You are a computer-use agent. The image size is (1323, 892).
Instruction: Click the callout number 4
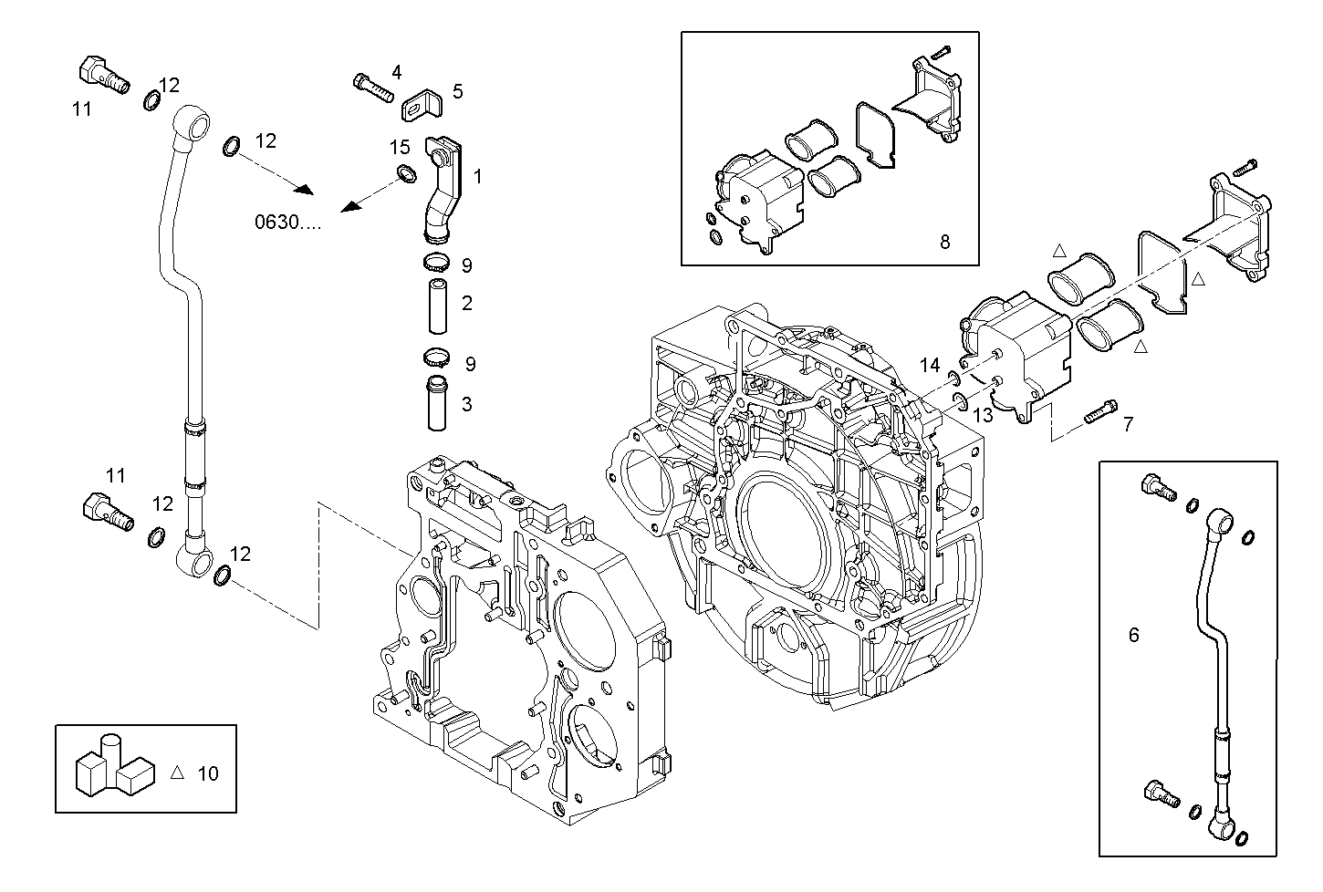[x=396, y=72]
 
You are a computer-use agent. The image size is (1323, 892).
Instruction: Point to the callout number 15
[x=400, y=147]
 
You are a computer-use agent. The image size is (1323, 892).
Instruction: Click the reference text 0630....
[x=287, y=222]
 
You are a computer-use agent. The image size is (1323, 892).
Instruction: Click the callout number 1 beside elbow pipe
[x=477, y=173]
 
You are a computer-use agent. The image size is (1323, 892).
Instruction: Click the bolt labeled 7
[x=1099, y=415]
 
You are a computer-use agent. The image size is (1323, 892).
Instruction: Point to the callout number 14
[x=929, y=366]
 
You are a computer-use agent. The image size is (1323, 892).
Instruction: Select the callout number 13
[x=981, y=416]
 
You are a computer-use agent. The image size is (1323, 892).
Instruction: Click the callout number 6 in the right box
[x=1133, y=635]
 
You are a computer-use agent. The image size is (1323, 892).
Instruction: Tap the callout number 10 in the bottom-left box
[x=208, y=773]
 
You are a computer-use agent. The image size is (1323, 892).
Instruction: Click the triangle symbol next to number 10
[x=178, y=772]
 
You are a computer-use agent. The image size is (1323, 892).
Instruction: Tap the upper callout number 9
[x=466, y=265]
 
